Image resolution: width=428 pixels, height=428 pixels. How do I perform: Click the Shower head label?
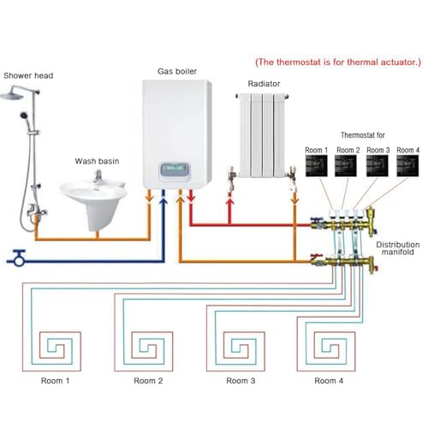coord(29,74)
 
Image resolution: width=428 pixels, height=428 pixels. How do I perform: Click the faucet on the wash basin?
coord(98,177)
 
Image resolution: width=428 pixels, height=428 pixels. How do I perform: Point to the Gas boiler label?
coord(178,71)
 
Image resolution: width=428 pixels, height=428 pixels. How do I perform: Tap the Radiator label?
coord(263,85)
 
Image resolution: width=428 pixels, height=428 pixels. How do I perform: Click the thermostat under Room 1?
coord(316,164)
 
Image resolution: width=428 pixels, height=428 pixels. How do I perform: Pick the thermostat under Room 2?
coord(346,164)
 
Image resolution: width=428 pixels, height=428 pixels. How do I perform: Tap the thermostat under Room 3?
coord(376,164)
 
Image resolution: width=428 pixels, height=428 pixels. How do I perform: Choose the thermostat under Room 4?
coord(406,164)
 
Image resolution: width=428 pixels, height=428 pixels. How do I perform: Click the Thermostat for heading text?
coord(364,134)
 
